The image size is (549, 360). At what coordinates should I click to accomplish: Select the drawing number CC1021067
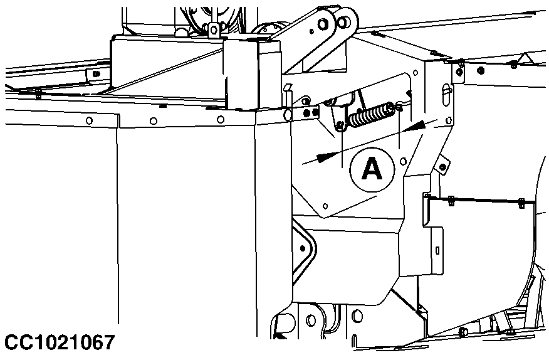coord(60,342)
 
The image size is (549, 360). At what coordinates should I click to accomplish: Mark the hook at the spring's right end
coord(399,107)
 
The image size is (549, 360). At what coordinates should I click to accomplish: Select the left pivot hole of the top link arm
coord(323,24)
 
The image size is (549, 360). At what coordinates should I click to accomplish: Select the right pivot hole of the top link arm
coord(344,21)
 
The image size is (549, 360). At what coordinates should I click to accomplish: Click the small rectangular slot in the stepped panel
coord(436,251)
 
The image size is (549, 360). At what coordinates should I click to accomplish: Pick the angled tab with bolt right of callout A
coord(443,164)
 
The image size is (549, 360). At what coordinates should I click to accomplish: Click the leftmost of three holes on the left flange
coord(90,120)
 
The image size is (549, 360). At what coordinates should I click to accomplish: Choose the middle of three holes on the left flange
coord(154,120)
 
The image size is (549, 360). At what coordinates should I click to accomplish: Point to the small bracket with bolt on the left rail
coord(95,74)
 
